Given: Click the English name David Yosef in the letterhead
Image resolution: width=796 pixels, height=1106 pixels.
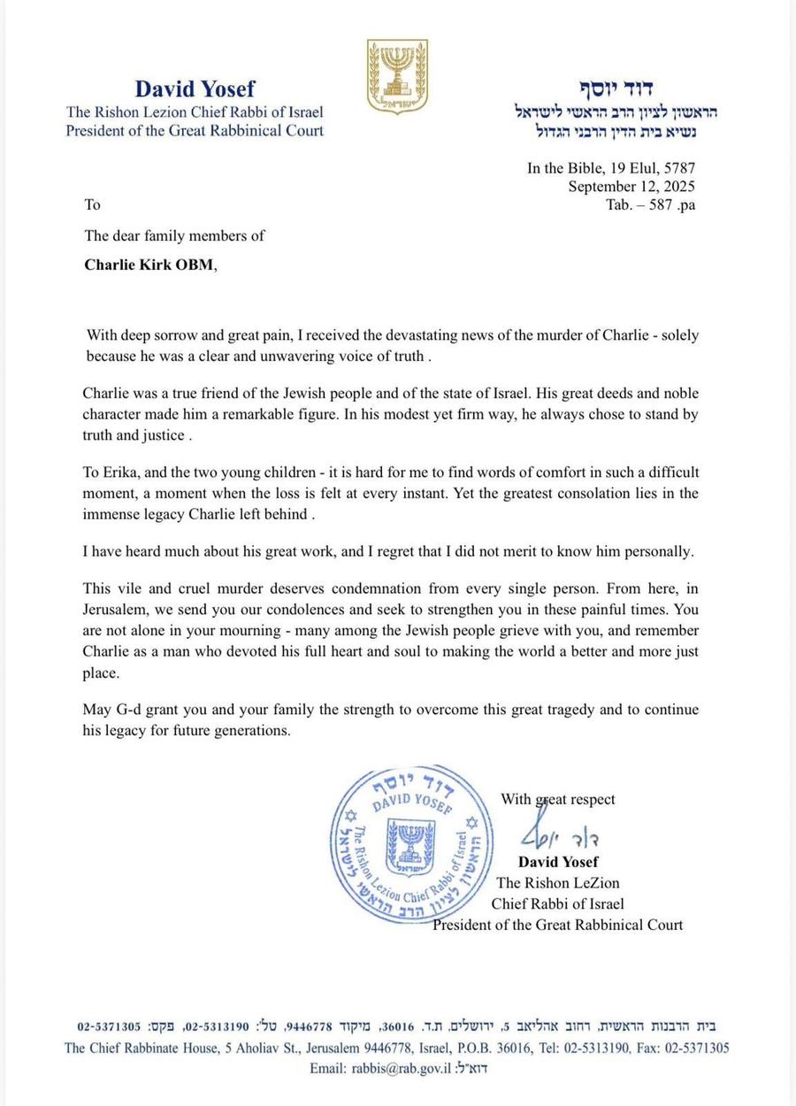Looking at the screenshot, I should pos(195,88).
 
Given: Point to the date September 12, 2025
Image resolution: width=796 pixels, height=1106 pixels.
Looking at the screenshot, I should pos(631,186).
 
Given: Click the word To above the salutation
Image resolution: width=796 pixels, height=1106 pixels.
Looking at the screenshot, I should pos(93,204).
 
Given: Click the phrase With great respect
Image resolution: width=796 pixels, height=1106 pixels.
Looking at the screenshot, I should pos(557,799).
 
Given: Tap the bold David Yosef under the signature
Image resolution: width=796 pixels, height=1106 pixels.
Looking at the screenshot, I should pos(558,862).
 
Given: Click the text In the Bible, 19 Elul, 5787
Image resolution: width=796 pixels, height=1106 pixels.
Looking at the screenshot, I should pos(610,168).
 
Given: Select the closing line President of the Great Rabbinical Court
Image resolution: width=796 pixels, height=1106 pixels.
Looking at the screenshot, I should pos(557,925).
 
